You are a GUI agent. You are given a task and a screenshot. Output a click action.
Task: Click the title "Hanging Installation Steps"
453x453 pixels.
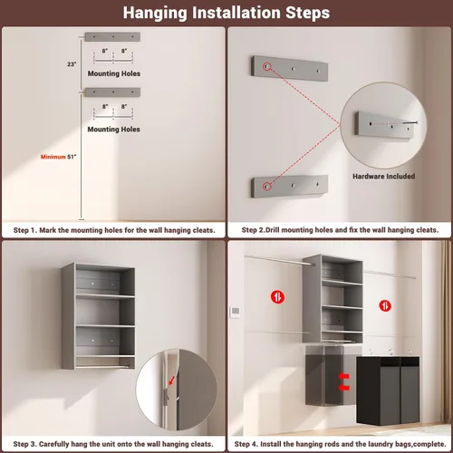(226, 13)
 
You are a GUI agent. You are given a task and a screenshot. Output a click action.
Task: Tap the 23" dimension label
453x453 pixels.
(72, 64)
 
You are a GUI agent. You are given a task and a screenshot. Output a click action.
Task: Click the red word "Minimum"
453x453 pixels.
(53, 157)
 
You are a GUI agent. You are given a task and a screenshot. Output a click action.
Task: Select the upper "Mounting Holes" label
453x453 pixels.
(114, 73)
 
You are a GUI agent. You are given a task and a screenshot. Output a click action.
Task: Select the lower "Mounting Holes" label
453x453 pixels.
(114, 130)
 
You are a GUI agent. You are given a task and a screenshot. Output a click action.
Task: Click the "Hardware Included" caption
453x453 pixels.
(383, 176)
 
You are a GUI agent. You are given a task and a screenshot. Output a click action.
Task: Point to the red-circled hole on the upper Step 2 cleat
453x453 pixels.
(267, 66)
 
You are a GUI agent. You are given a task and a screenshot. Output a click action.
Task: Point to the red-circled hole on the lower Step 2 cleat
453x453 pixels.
(266, 187)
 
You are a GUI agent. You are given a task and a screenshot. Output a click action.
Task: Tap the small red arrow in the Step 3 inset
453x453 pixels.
(171, 381)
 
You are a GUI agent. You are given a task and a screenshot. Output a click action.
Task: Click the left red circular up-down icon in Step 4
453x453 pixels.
(277, 297)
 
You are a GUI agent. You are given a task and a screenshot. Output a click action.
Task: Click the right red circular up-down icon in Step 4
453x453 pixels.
(385, 305)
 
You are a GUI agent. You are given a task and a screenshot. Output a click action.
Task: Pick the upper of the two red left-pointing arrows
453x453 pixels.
(344, 376)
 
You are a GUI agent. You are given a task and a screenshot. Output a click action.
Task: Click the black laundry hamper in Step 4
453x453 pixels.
(388, 391)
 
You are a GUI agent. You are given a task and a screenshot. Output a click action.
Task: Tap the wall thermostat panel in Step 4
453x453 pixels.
(236, 312)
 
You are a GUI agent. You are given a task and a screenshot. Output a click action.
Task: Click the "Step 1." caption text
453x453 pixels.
(25, 230)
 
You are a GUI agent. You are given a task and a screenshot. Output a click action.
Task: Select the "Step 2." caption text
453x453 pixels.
(253, 230)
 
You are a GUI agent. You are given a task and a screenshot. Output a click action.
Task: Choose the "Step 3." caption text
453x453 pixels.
(25, 444)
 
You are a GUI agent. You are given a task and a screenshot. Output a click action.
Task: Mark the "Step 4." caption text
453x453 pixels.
(246, 444)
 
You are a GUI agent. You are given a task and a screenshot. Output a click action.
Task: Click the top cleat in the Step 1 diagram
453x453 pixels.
(112, 37)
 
